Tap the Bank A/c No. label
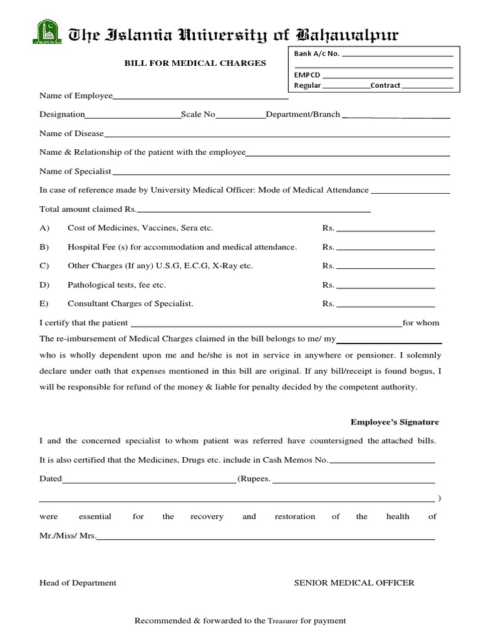tap(317, 54)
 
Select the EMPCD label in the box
tap(306, 75)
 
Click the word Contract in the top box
tap(385, 85)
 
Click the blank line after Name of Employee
tap(200, 97)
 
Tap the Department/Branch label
tap(303, 115)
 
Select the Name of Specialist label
tap(75, 171)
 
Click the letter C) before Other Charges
tap(44, 266)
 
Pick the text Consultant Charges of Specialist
tap(130, 304)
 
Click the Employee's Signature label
tap(395, 423)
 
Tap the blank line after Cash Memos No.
tap(382, 461)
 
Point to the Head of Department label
tap(78, 583)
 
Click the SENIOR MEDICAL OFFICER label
tap(354, 583)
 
